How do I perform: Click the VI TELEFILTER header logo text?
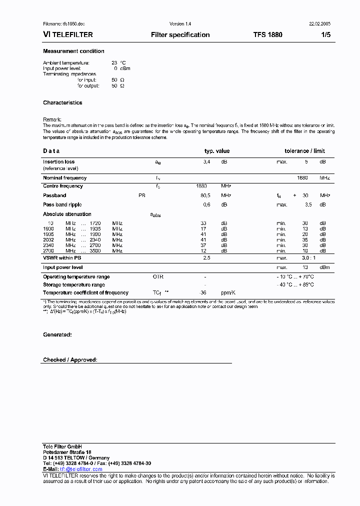pos(68,35)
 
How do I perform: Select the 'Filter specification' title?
pos(180,35)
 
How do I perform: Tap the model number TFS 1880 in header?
pos(267,35)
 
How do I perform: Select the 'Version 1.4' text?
pos(180,24)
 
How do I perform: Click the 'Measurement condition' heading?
pos(73,51)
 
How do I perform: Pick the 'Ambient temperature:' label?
pos(66,63)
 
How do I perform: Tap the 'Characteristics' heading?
pos(62,103)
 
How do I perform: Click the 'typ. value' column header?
pos(216,151)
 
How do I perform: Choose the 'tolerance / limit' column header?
pos(304,151)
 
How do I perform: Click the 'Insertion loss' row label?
pos(58,162)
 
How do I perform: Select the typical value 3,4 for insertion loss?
pos(206,162)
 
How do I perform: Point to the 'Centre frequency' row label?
pos(63,186)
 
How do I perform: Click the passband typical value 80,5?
pos(205,195)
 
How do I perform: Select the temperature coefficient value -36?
pos(203,293)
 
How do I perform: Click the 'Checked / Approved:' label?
pos(70,360)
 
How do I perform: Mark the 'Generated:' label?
pos(57,334)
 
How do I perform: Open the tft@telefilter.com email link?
pos(81,469)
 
